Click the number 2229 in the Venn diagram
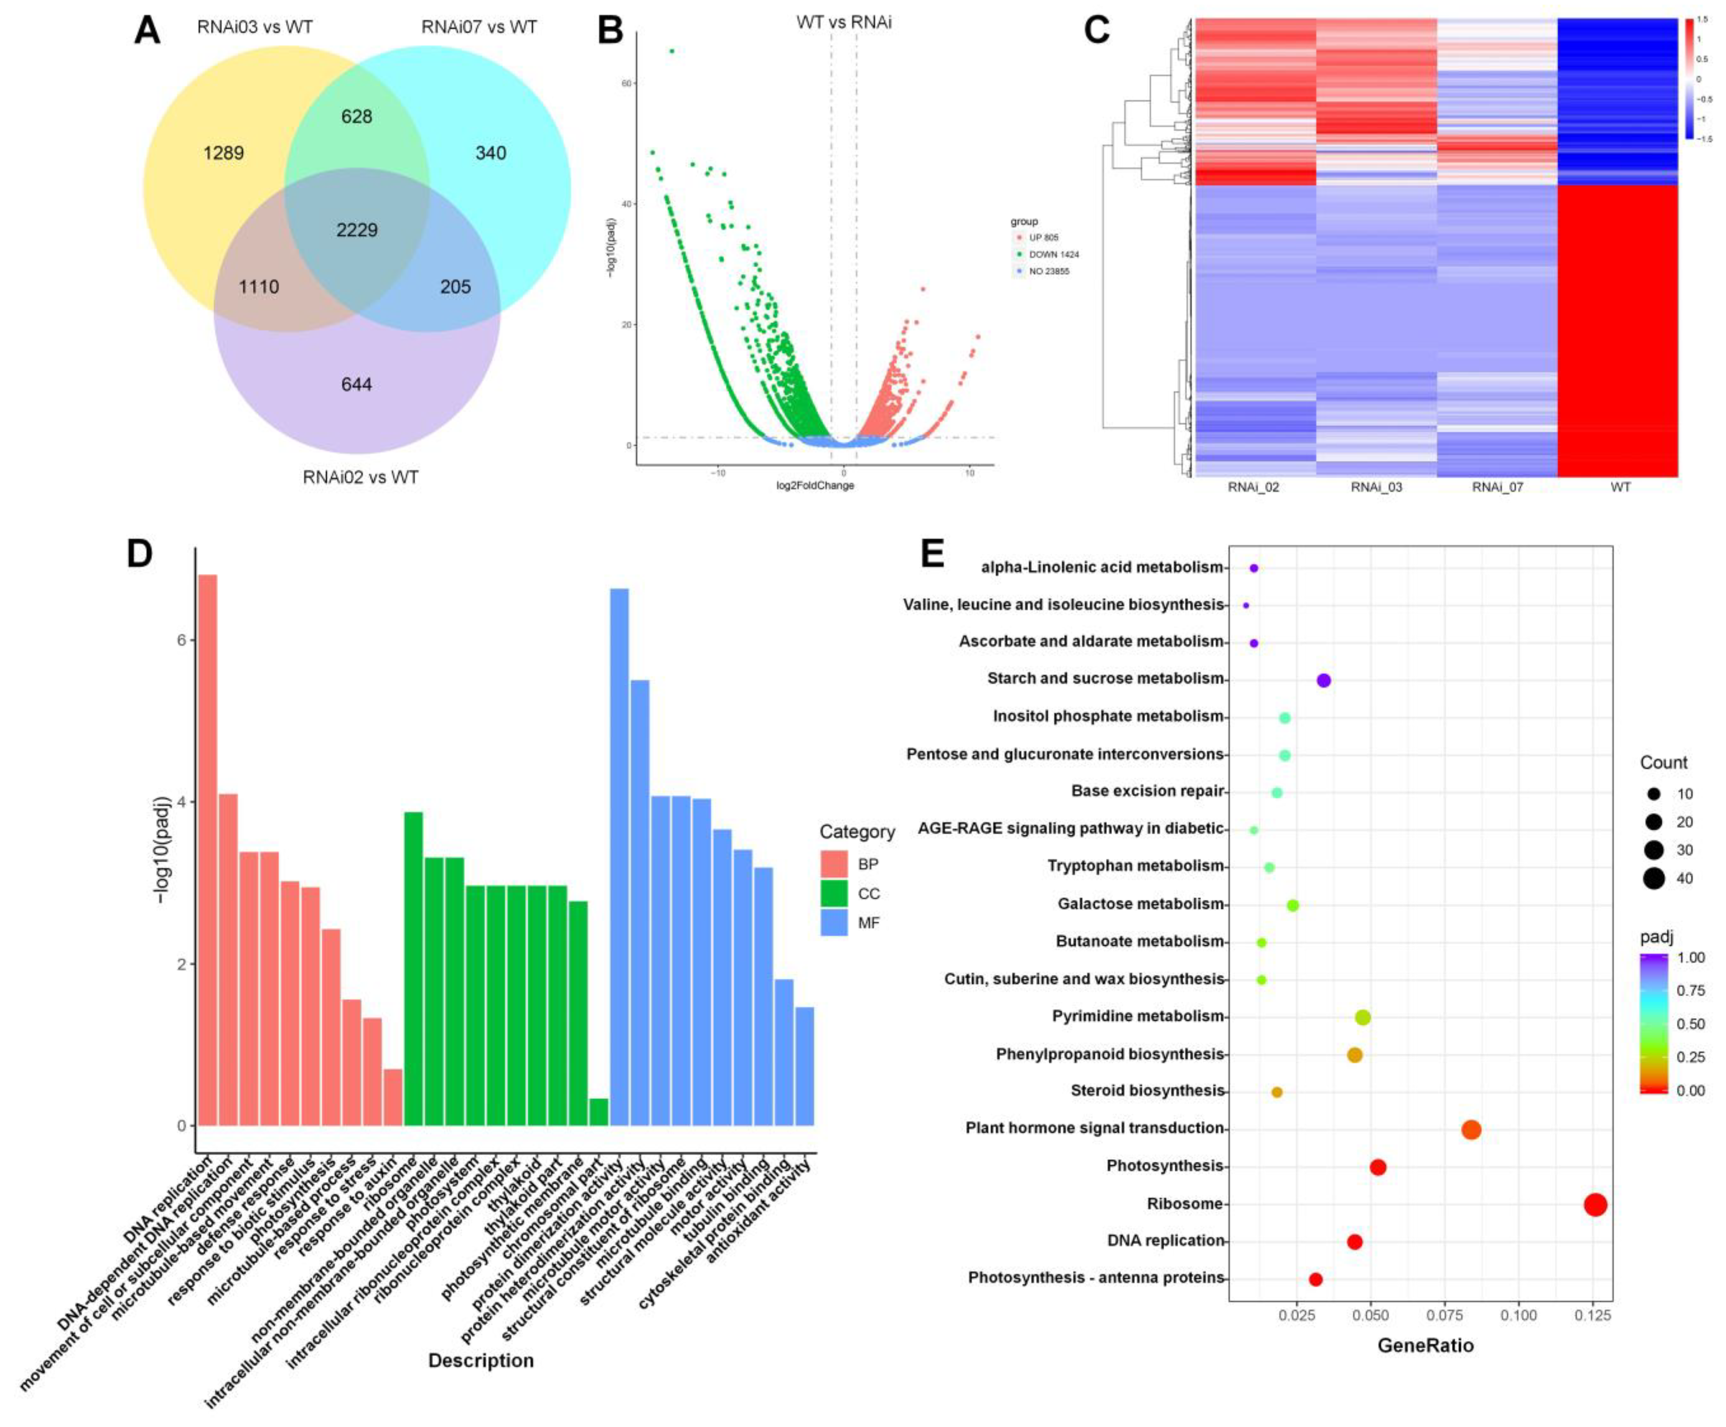(357, 230)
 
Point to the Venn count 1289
(224, 153)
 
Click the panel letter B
(610, 31)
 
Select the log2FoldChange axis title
(815, 486)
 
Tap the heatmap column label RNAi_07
(1498, 487)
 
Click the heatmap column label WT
(1620, 487)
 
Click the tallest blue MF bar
(619, 855)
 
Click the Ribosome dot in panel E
(1596, 1205)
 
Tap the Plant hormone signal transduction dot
(1471, 1130)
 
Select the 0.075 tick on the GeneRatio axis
(1445, 1315)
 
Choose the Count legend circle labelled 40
(1654, 879)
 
